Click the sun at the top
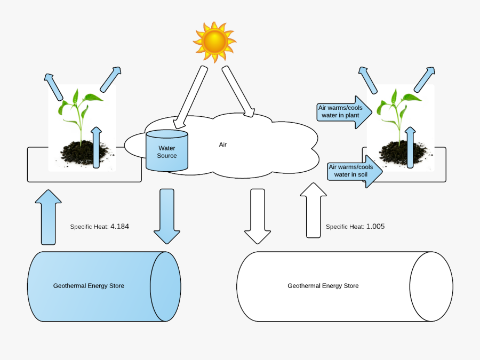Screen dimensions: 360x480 pos(214,42)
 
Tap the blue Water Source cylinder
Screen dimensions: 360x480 pos(167,151)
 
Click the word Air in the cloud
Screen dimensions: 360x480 pos(223,145)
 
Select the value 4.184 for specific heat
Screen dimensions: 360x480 pos(119,226)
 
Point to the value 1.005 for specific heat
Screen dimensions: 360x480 pos(375,226)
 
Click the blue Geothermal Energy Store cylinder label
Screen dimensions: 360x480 pos(89,286)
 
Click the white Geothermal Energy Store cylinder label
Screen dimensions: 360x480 pos(323,286)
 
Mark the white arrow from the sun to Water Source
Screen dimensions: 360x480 pos(189,96)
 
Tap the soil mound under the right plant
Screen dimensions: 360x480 pos(400,153)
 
